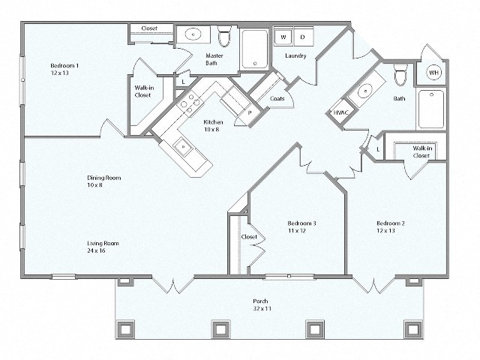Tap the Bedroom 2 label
click(x=391, y=226)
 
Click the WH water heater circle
click(x=433, y=72)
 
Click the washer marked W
click(x=283, y=37)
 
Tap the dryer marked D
click(x=302, y=37)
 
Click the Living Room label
click(x=103, y=247)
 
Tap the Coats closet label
click(x=276, y=97)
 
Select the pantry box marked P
click(x=248, y=113)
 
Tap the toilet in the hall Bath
click(x=400, y=75)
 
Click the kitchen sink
click(x=181, y=145)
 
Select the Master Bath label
click(x=216, y=59)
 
